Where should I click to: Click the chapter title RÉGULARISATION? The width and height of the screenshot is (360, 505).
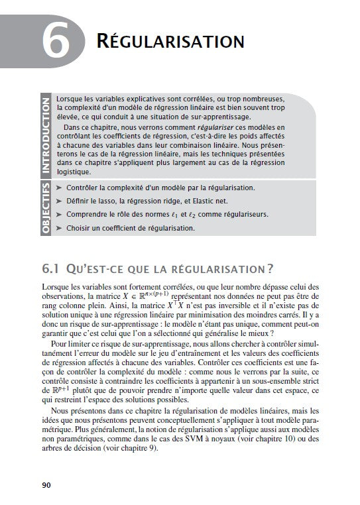coord(170,40)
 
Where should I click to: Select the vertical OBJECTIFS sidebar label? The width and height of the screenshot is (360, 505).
coord(46,209)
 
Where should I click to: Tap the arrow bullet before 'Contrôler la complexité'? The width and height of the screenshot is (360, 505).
coord(60,188)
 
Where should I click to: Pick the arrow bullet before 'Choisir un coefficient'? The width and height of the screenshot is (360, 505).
coord(60,228)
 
